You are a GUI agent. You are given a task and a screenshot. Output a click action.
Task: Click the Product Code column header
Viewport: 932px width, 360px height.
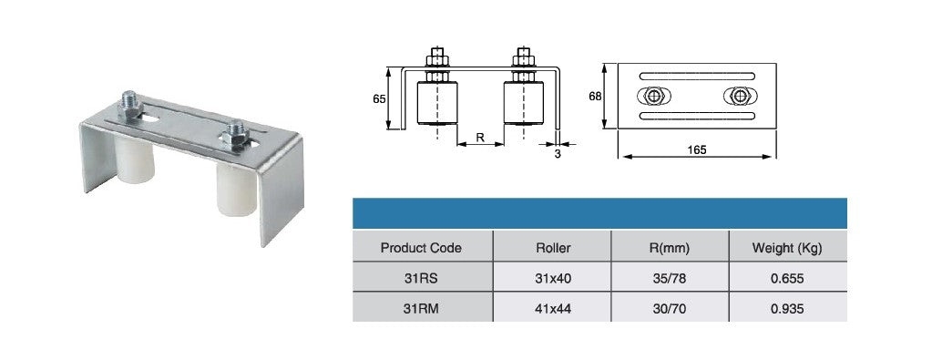pos(421,248)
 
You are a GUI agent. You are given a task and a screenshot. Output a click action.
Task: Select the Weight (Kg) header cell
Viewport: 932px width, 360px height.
pos(787,248)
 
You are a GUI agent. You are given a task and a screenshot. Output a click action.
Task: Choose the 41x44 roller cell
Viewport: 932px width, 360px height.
pos(553,309)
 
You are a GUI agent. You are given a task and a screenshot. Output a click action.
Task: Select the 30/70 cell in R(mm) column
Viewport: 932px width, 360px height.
pos(670,309)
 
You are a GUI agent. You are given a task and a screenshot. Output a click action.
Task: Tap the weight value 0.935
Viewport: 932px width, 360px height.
pos(787,309)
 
